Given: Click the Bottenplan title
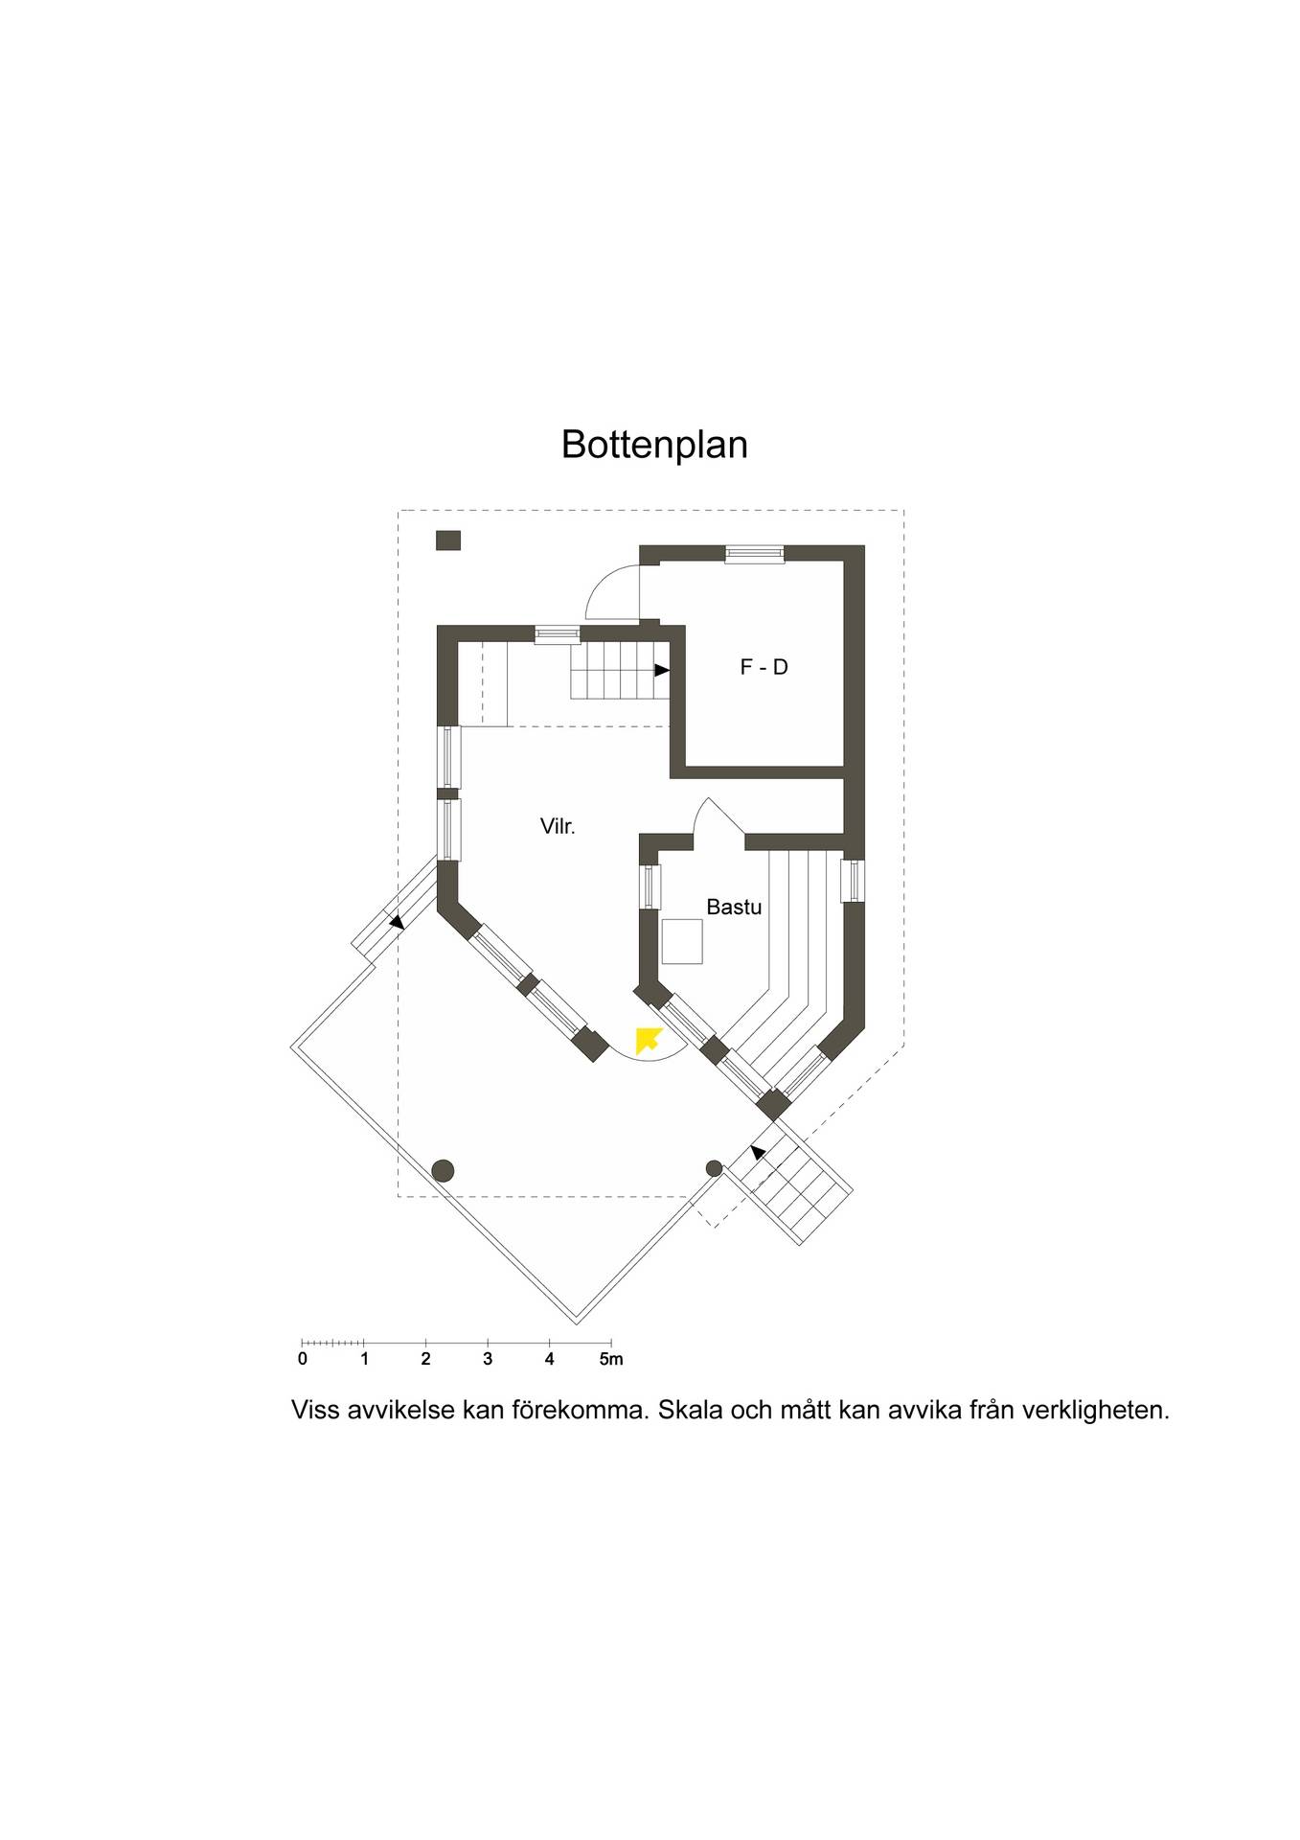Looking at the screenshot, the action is click(x=654, y=445).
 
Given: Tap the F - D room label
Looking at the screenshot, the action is click(x=764, y=667).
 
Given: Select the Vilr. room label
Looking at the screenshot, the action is click(x=558, y=826).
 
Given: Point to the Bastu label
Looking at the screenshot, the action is click(x=734, y=907).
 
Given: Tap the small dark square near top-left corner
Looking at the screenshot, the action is click(x=448, y=540).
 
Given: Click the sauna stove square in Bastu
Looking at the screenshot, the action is click(x=682, y=941).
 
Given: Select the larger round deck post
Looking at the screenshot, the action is click(x=443, y=1170).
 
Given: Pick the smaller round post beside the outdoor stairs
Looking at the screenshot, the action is click(x=714, y=1168).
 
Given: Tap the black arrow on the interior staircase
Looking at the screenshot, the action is click(x=662, y=671).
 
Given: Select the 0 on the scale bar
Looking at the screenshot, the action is click(x=303, y=1359).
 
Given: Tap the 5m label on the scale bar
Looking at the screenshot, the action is click(x=611, y=1359).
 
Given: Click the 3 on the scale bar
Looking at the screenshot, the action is click(x=488, y=1359).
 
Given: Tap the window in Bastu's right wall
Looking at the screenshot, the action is click(x=854, y=881).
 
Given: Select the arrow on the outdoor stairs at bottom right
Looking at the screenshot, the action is click(x=759, y=1154).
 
